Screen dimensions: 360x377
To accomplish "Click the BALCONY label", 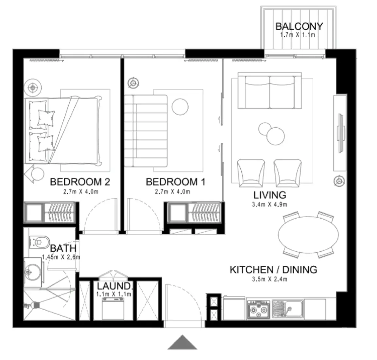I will click(299, 26).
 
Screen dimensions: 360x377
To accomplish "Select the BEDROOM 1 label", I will click(175, 182).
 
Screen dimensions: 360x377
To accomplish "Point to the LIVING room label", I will click(270, 195).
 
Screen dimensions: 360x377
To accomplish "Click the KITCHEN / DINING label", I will click(273, 270).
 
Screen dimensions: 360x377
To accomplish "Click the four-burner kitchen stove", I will click(258, 309).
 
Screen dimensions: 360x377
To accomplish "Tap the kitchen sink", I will click(288, 309).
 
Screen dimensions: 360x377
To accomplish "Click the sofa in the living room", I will click(270, 91).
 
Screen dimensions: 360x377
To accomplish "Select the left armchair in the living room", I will click(251, 172).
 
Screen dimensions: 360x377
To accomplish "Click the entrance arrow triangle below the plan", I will click(182, 343).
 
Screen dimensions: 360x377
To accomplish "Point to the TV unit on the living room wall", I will click(340, 133).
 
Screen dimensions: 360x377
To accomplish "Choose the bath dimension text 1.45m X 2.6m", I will click(61, 257).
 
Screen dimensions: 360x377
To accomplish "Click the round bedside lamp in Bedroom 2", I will click(32, 87).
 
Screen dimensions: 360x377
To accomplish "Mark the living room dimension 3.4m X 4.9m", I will click(270, 205).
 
